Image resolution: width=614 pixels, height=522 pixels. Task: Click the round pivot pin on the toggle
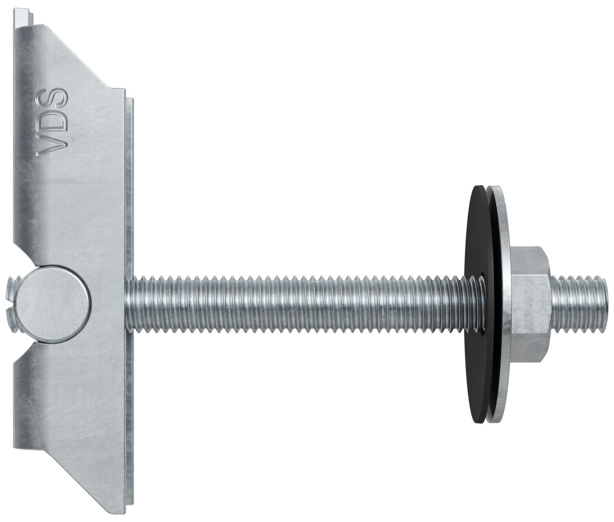(54, 304)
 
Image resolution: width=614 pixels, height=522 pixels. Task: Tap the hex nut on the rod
(532, 304)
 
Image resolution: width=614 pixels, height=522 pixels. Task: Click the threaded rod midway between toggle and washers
(297, 302)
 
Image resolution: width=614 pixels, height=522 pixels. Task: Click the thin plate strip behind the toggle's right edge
(130, 205)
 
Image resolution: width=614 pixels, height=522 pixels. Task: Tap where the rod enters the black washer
(468, 302)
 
